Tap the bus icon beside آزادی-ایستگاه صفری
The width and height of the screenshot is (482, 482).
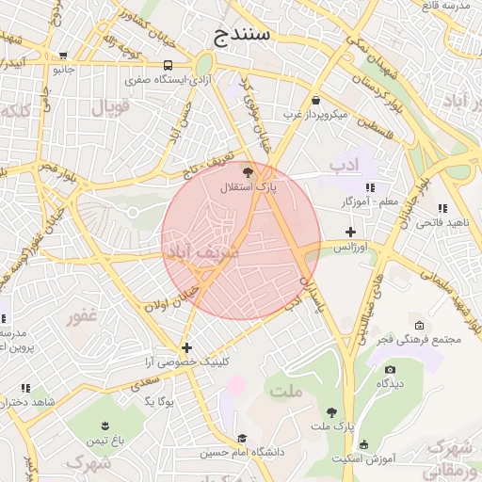(168, 65)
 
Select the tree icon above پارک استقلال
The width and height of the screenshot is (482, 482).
(248, 172)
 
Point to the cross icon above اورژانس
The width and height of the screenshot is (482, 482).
(351, 232)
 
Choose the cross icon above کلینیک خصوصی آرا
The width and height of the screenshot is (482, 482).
(187, 347)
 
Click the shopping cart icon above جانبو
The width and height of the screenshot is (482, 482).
(63, 56)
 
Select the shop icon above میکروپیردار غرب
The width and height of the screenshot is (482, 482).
(314, 100)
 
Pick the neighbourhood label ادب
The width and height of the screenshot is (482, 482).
(345, 166)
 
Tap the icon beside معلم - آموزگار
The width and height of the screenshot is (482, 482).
(370, 187)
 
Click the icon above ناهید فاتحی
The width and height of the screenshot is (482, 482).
(442, 208)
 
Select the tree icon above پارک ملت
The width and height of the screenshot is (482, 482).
(331, 411)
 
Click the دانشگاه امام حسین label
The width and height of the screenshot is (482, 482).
(243, 453)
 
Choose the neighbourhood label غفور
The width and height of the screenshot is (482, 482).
(82, 316)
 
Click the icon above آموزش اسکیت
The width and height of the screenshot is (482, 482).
(364, 444)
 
